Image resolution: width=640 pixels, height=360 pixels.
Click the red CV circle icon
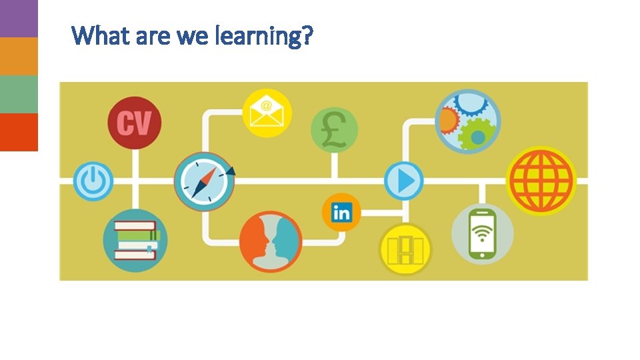coord(134,123)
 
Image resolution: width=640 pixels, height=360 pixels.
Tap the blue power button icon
coord(93,181)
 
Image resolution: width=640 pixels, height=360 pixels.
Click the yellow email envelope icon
coord(267,113)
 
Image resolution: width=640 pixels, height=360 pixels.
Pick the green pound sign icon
coord(335,129)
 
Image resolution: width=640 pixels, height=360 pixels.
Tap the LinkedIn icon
coord(341,213)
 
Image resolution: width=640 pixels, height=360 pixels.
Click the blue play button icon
coord(404,181)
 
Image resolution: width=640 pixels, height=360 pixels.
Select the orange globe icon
coord(541,181)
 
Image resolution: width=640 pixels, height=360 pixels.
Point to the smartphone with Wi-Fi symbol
coord(483,233)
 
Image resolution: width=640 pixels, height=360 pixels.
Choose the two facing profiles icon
coord(271,241)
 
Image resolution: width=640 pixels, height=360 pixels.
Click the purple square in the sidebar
coord(19,18)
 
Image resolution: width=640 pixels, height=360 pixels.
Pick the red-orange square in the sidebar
coord(19,132)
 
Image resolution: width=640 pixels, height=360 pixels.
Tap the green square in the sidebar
coord(19,94)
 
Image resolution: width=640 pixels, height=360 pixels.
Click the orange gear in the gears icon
coord(448,121)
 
